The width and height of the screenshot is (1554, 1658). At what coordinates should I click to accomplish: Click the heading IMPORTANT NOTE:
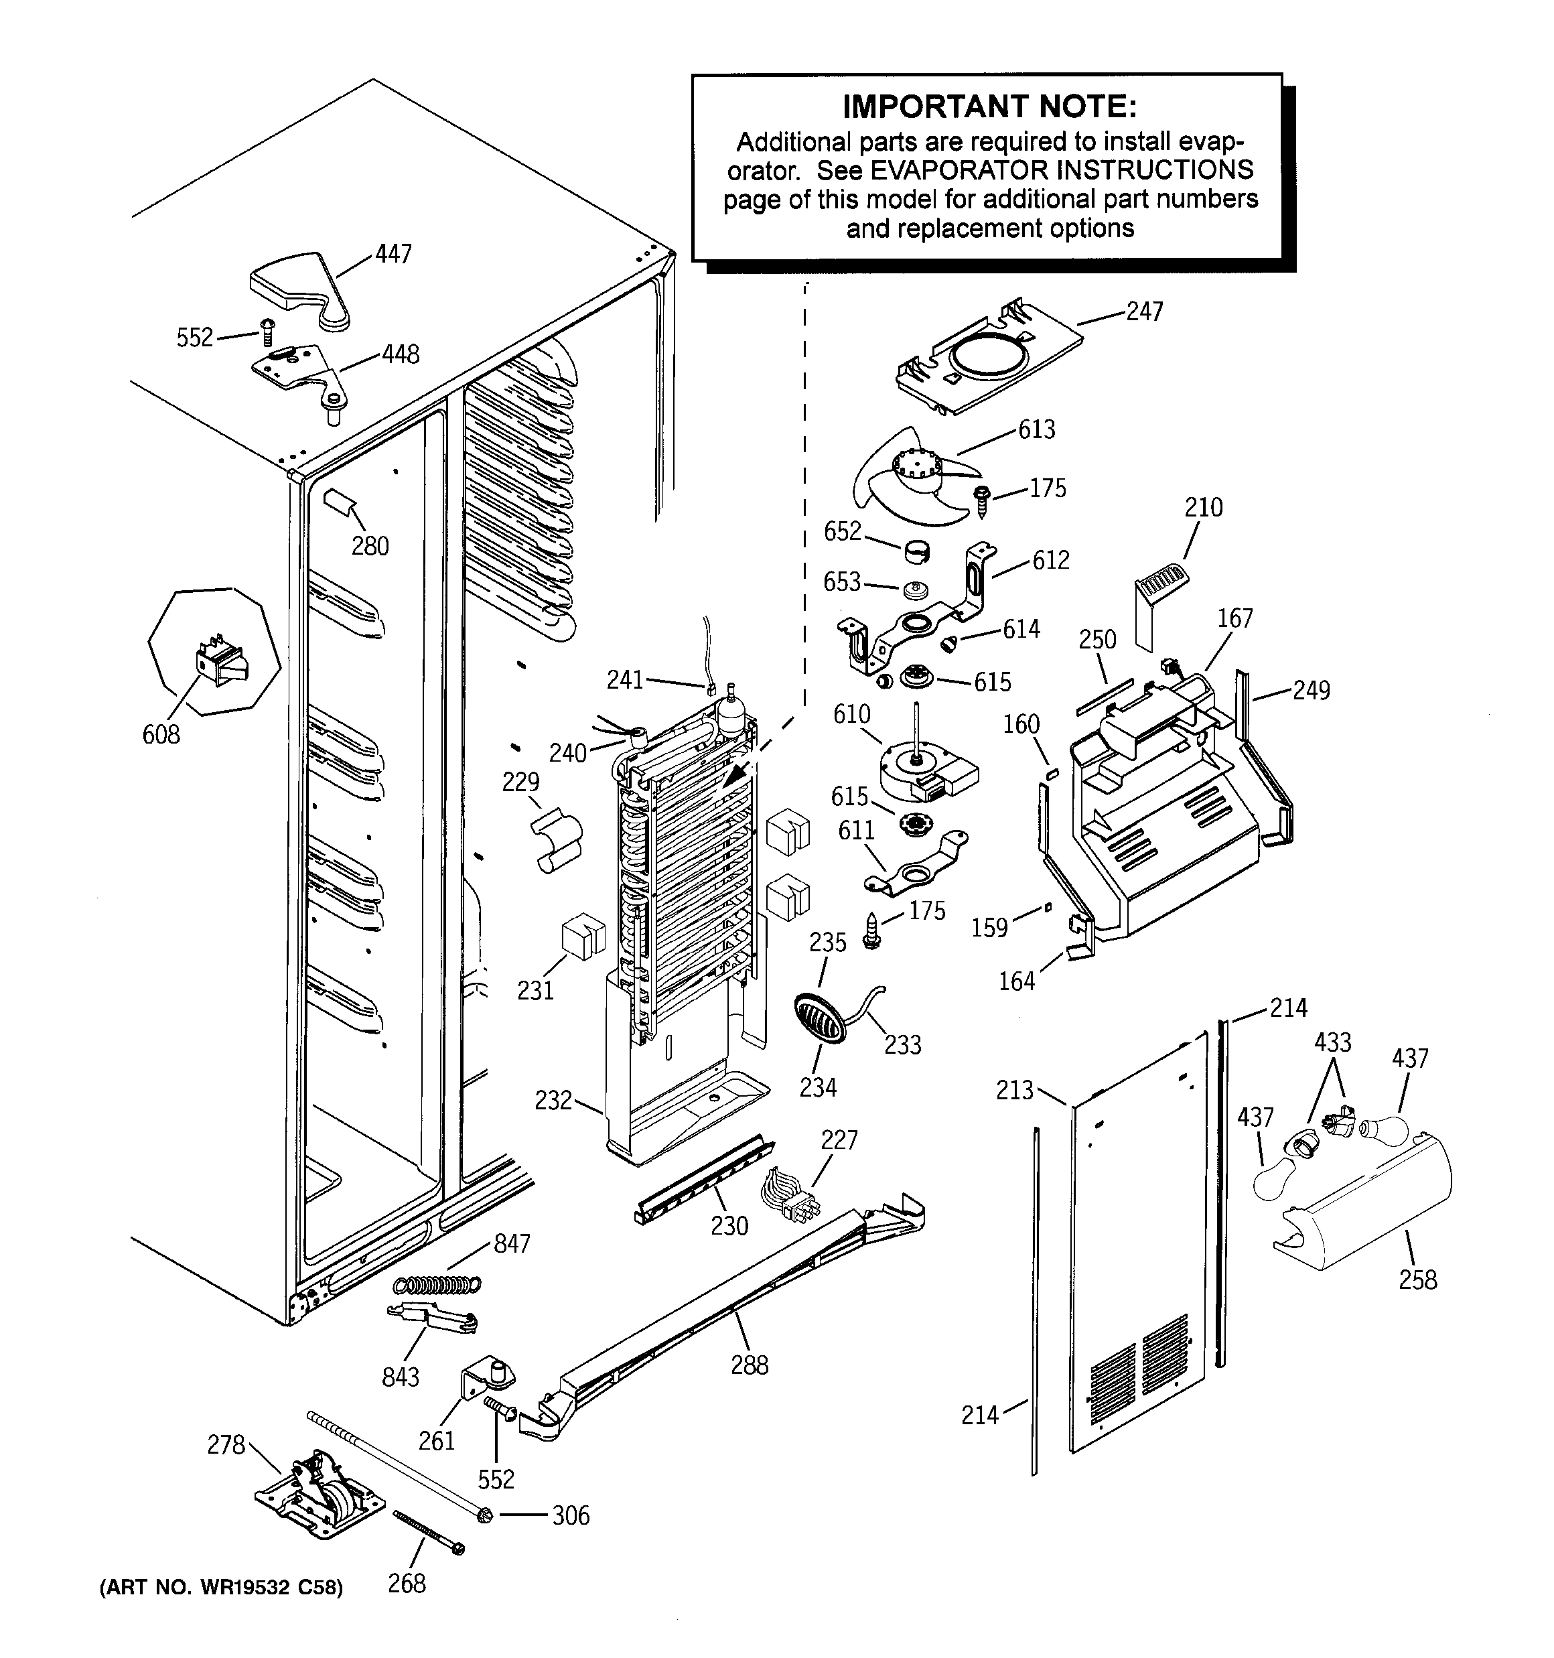tap(989, 107)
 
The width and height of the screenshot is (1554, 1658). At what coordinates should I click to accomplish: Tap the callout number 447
tap(393, 253)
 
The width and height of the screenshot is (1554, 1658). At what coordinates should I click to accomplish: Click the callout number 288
tap(749, 1365)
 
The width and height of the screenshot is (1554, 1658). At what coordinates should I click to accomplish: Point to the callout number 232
tap(553, 1100)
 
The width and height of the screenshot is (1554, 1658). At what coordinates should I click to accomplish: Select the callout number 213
tap(1013, 1090)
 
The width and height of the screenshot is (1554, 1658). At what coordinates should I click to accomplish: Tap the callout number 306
tap(571, 1515)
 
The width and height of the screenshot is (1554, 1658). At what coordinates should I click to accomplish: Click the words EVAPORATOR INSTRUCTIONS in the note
tap(1061, 170)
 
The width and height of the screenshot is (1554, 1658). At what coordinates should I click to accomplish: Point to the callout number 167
tap(1234, 618)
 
